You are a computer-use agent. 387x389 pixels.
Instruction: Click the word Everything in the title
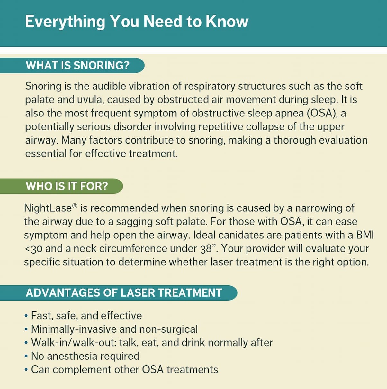point(65,22)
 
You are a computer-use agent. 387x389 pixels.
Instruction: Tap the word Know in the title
point(227,21)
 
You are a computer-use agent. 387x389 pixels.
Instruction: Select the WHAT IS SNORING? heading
point(78,65)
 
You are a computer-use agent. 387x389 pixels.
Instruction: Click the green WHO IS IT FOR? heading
point(67,186)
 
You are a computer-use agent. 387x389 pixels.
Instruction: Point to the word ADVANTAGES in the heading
point(63,293)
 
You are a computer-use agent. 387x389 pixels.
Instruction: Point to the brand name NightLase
point(48,208)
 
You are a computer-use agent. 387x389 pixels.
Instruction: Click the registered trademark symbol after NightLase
point(75,206)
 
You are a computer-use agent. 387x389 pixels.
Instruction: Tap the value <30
point(33,249)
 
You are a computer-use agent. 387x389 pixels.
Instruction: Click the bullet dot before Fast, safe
point(26,316)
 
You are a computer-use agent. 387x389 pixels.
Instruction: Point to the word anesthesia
point(72,356)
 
